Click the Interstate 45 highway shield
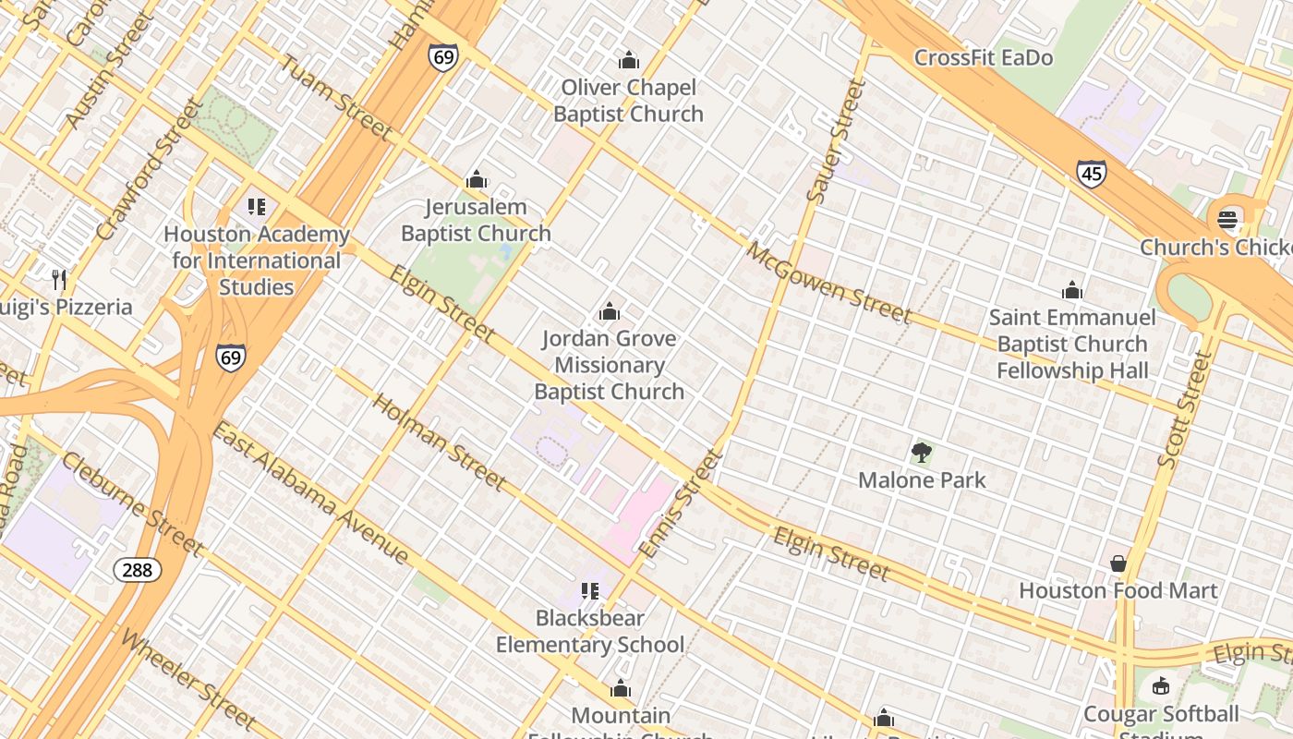1091,173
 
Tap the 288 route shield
137,570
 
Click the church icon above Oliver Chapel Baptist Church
629,61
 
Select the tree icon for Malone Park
921,453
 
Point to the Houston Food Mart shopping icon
1118,563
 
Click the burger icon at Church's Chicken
1227,220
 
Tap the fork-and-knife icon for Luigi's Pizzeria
59,279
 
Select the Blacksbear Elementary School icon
590,590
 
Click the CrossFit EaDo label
983,58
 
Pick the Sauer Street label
836,140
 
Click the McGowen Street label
828,282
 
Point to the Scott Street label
1183,409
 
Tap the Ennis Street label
677,504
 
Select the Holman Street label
439,442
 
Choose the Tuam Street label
335,97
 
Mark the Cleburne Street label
132,504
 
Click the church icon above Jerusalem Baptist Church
476,180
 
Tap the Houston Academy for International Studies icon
257,207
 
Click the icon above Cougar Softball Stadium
1160,686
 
